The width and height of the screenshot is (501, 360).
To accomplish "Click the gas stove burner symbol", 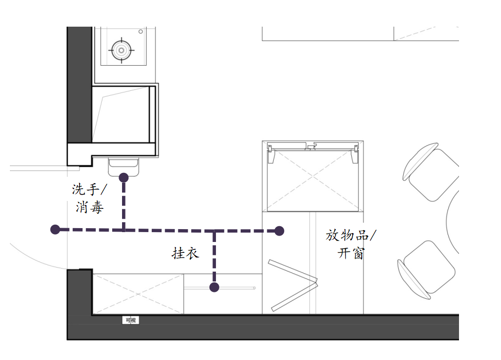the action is click(122, 50).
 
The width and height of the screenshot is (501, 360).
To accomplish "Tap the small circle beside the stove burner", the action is click(141, 32).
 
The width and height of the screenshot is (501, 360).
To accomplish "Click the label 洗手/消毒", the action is click(89, 198).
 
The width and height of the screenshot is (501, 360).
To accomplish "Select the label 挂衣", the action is click(185, 253).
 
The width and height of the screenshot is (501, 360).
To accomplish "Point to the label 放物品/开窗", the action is click(351, 244).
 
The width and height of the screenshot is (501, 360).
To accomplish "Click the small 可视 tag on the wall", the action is click(130, 320).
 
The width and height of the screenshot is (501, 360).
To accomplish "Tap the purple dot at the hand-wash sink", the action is click(124, 177).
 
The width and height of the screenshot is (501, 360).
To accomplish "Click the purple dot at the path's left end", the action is click(55, 229).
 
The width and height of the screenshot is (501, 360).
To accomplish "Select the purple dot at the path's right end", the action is click(279, 231).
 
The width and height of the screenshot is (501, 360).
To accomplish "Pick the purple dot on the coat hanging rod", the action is click(214, 287).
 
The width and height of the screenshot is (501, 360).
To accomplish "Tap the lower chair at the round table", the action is click(426, 270).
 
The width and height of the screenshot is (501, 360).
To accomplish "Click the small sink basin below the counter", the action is click(124, 167).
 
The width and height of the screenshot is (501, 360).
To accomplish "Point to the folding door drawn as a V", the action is click(293, 285).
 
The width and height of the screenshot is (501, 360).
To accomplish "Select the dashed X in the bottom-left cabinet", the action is click(138, 294).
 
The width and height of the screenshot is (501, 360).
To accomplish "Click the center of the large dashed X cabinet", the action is click(312, 176).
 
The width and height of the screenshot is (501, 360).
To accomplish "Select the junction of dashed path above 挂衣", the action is click(214, 231).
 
